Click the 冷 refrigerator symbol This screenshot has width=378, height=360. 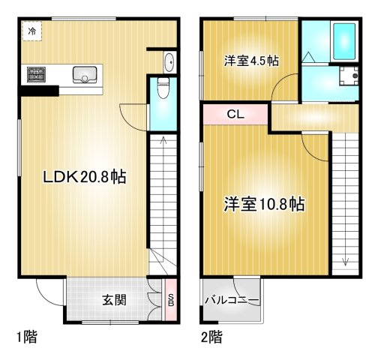click(x=31, y=31)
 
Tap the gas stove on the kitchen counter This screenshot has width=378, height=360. click(x=36, y=74)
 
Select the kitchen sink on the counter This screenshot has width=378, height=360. click(x=85, y=74)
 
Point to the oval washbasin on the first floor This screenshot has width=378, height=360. click(x=168, y=64)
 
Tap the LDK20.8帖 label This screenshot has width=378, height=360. click(x=83, y=178)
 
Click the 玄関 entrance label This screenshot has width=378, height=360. click(x=114, y=301)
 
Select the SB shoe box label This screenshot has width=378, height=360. click(x=171, y=301)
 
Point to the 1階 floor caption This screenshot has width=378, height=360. click(x=25, y=337)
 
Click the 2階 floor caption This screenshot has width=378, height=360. click(x=211, y=337)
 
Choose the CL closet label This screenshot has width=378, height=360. click(x=234, y=115)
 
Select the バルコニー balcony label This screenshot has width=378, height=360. click(x=232, y=301)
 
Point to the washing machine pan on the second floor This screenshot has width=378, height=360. click(x=347, y=76)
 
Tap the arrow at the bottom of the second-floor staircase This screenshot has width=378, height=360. click(x=346, y=261)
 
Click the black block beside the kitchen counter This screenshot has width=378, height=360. click(x=39, y=91)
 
